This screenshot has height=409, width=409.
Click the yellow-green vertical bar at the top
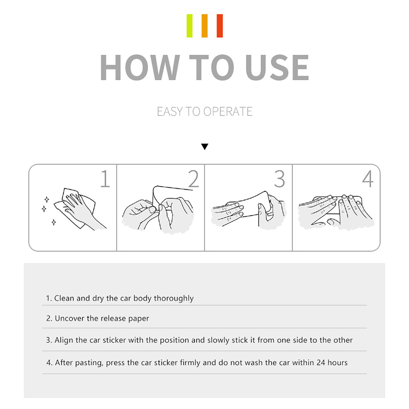pos(189,26)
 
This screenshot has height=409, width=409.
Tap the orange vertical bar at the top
pos(204,26)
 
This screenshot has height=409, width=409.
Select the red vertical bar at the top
pos(220,26)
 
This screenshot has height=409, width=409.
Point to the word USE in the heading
pos(277,67)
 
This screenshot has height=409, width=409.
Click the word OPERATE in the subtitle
pos(228,112)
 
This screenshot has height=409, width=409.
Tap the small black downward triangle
pos(204,146)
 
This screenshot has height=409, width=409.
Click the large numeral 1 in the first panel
pos(105,179)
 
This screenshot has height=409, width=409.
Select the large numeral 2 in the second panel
pos(194,179)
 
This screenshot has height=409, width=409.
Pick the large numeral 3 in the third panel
pos(279,179)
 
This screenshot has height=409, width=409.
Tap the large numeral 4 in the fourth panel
pos(368,179)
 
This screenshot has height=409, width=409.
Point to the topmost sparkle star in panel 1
pos(47,199)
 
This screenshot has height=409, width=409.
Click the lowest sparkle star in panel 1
pos(54,222)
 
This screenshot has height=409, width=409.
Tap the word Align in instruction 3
pos(64,340)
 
